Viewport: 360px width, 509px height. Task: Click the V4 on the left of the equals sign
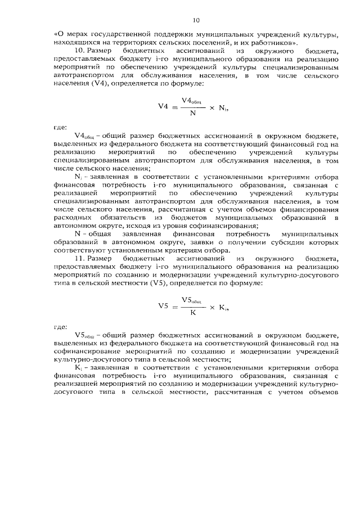(163, 106)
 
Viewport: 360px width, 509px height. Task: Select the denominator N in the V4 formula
(193, 112)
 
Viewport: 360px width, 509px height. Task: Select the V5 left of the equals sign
(163, 307)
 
